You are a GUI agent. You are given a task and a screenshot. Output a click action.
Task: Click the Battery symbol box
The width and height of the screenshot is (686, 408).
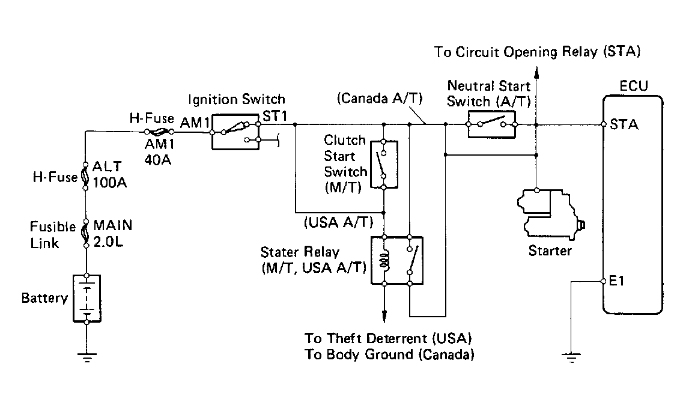click(x=87, y=299)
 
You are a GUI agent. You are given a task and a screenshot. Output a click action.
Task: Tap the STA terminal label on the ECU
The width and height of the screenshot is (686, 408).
click(x=624, y=125)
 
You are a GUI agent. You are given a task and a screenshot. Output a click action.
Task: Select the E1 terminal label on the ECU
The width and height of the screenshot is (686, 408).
click(x=616, y=281)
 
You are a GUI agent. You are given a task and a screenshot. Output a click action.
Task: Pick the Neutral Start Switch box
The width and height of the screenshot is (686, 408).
click(x=491, y=124)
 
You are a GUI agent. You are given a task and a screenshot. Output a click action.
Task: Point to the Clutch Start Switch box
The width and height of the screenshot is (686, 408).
click(x=384, y=165)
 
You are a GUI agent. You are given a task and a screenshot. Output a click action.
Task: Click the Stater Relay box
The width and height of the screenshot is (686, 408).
click(x=397, y=260)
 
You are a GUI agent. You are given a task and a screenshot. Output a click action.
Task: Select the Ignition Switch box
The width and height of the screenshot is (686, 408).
click(x=235, y=132)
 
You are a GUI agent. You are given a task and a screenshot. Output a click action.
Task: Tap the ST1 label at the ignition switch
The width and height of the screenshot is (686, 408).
click(x=275, y=116)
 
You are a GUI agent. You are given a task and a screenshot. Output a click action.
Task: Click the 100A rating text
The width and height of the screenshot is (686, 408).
click(x=110, y=182)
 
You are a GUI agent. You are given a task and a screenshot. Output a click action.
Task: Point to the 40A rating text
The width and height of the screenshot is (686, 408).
click(x=158, y=160)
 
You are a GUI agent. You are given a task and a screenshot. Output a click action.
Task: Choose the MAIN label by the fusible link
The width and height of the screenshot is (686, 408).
click(x=113, y=225)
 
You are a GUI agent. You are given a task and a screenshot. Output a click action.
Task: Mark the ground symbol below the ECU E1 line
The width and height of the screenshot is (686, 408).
click(x=571, y=358)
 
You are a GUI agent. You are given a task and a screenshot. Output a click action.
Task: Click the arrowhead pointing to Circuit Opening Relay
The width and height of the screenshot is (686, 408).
click(x=536, y=72)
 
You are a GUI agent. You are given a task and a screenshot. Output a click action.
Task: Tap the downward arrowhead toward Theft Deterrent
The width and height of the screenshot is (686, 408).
click(x=384, y=316)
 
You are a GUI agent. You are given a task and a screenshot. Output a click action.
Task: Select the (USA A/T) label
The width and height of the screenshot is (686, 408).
click(x=339, y=222)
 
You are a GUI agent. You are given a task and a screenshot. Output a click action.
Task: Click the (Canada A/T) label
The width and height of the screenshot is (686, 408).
click(x=380, y=98)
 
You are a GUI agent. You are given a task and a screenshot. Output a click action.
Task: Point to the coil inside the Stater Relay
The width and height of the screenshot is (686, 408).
click(x=385, y=260)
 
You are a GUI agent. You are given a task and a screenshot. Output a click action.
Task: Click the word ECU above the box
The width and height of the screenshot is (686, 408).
click(x=634, y=86)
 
